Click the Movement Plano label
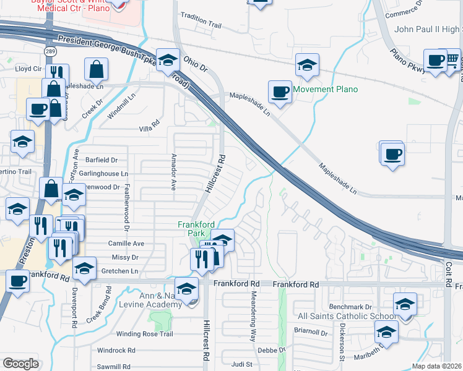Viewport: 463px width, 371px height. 326,90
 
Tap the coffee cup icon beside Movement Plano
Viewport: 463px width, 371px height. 280,92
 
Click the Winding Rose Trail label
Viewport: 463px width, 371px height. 144,334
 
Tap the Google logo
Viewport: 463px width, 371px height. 20,364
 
